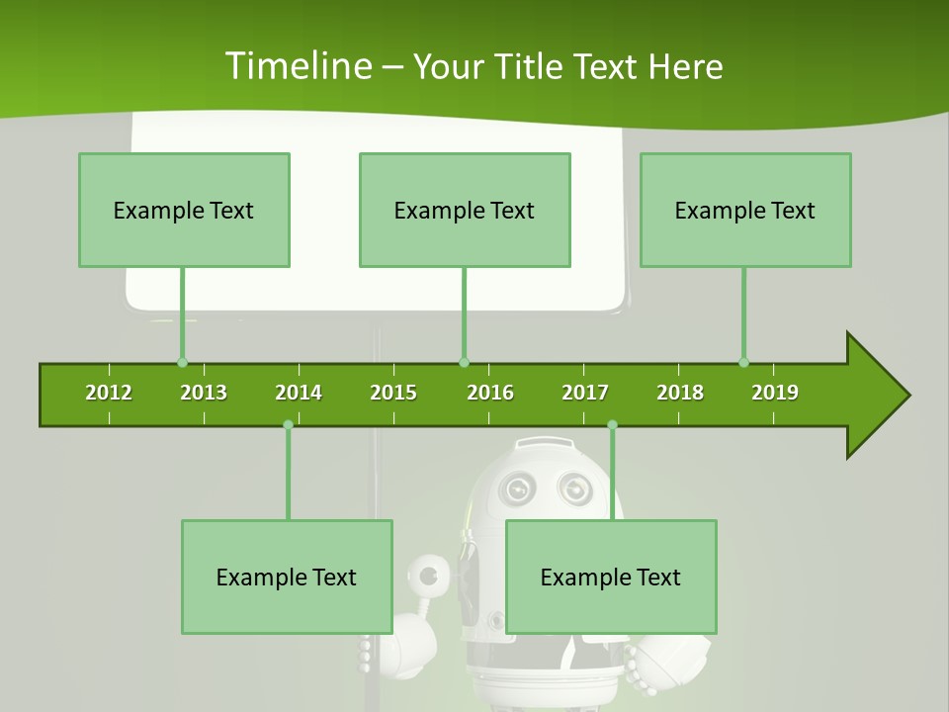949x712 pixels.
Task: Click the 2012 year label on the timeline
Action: coord(109,393)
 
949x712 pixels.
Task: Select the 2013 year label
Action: coord(204,393)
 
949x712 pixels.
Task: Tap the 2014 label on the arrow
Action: coord(299,393)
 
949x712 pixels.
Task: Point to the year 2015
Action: coord(393,393)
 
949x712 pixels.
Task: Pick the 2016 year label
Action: coord(490,393)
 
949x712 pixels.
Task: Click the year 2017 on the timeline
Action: coord(585,393)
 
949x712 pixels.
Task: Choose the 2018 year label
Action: coord(680,393)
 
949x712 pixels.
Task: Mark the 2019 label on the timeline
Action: coord(775,393)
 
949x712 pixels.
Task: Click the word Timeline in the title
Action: coord(297,66)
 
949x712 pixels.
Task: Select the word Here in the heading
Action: coord(685,66)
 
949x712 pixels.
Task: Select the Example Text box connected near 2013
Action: coord(184,210)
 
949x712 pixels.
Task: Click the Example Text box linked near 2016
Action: coord(465,210)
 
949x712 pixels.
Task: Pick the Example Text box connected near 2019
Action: coord(745,210)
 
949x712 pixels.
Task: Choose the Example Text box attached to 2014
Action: coord(287,577)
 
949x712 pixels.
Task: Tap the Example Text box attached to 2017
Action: coord(611,577)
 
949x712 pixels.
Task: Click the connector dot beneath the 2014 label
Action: coord(288,424)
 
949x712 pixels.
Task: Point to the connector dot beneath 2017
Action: coord(612,424)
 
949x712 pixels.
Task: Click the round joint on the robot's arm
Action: coord(428,575)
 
